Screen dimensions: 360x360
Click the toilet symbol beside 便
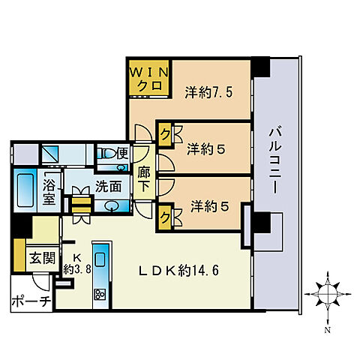[x=109, y=154]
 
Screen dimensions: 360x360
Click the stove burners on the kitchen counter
[x=98, y=295]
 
